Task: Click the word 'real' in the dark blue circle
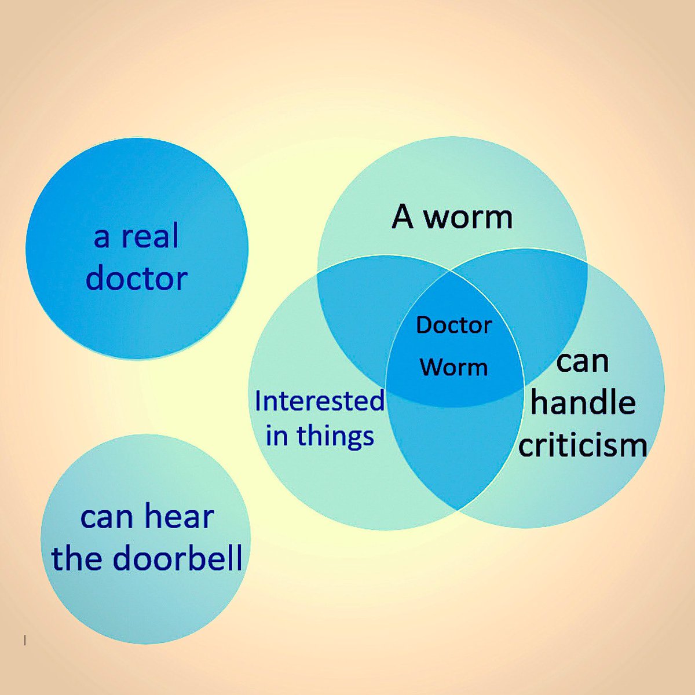point(150,236)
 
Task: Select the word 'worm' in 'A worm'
point(469,218)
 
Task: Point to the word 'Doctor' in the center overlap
point(453,325)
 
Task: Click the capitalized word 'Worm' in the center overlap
point(454,367)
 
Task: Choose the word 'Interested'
point(319,401)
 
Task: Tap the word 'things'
point(335,437)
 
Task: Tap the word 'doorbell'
point(178,558)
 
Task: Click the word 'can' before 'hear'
point(107,520)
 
